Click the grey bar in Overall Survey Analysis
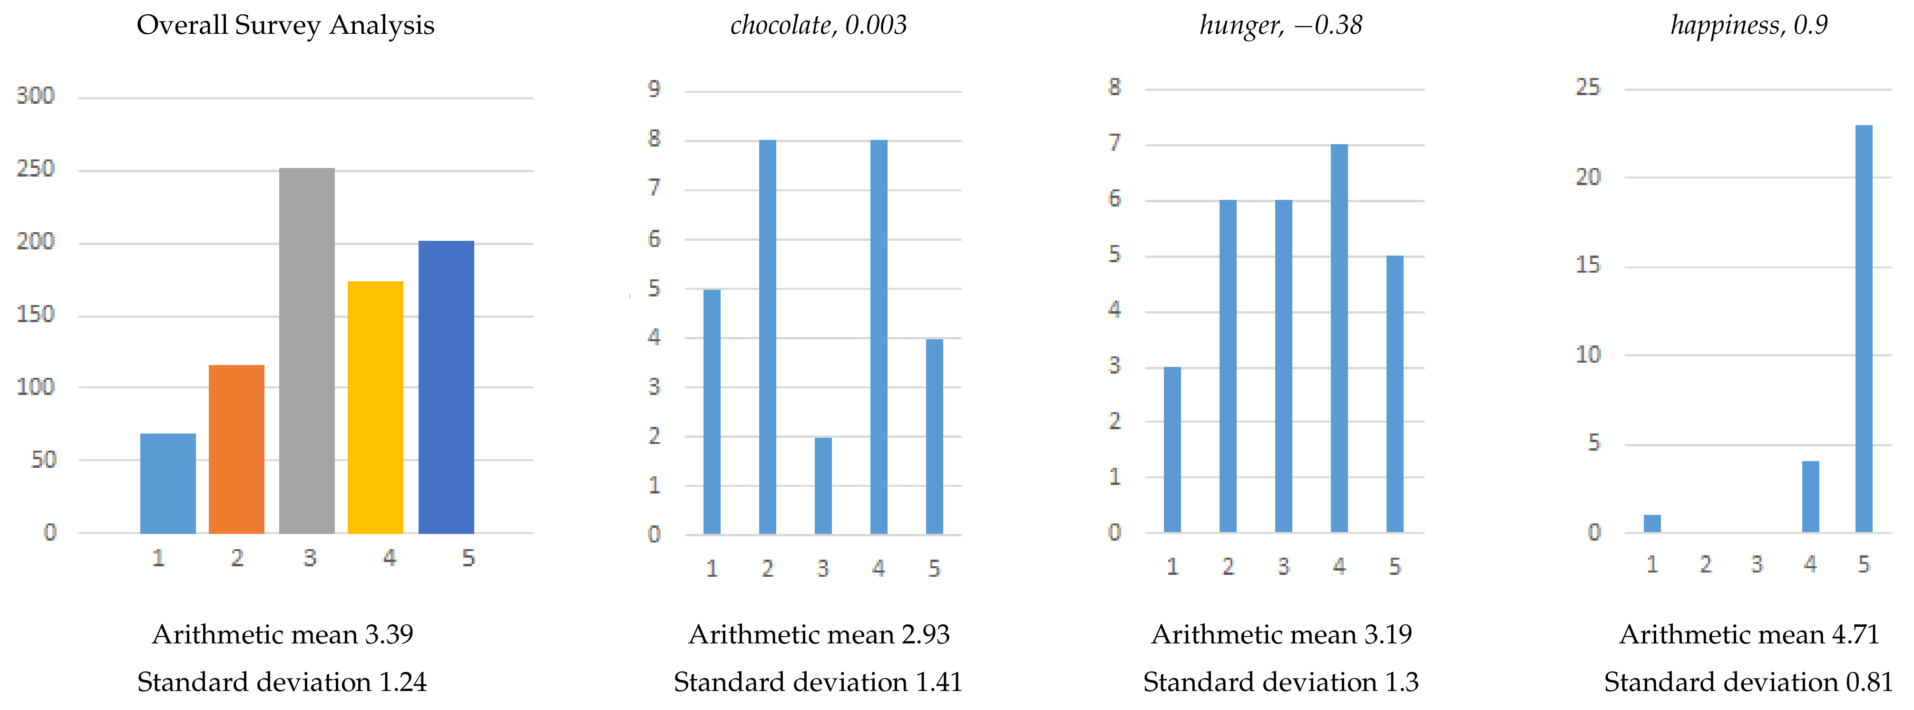306,350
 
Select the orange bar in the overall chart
236,449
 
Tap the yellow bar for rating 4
375,407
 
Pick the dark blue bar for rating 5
446,386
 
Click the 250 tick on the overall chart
36,169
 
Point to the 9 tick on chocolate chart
654,89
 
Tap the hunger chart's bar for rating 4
1339,338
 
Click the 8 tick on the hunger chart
1114,87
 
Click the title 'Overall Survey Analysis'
285,25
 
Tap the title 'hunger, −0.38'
1281,25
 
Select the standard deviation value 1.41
938,682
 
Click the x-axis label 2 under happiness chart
1706,564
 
